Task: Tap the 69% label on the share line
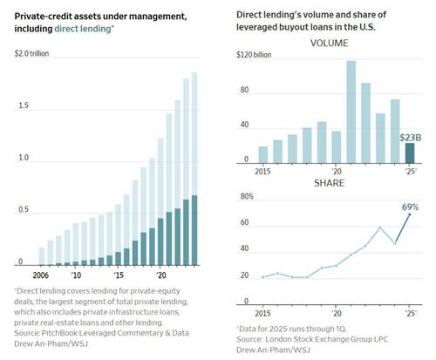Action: pos(411,207)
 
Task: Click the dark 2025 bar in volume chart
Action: pos(410,153)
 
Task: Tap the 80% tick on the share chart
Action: pos(246,197)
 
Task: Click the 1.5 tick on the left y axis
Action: pos(23,105)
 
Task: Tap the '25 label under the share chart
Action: pos(409,310)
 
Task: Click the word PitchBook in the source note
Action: pos(56,330)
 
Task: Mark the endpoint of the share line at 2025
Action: pos(410,214)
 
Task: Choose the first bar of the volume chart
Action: pos(263,154)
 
